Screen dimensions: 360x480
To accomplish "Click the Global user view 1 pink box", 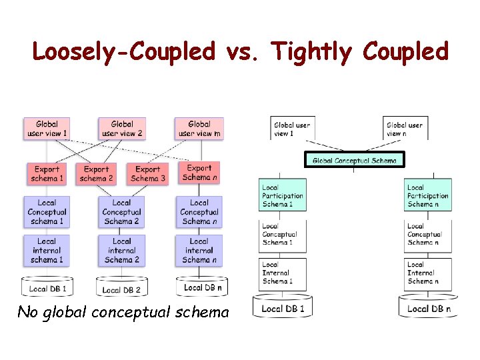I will tap(47, 129).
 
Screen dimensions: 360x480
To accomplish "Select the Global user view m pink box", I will tap(199, 129).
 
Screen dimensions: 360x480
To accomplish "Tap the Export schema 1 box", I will tap(47, 173).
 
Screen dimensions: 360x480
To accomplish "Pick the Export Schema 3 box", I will tap(148, 173).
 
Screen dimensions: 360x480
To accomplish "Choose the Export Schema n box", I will tap(199, 173).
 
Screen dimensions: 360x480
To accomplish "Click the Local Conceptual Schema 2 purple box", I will tap(121, 212).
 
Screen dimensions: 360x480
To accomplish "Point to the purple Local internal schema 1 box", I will tap(47, 250).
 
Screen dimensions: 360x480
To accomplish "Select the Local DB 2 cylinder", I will tap(121, 287).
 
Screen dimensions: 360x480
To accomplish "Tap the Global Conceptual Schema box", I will tap(355, 160).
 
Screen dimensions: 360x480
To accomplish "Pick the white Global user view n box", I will tap(405, 129).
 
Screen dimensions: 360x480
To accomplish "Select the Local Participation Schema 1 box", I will tap(283, 196).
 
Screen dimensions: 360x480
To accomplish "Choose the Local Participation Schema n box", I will tap(427, 196).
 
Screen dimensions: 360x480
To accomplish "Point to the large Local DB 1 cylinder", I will tap(283, 307).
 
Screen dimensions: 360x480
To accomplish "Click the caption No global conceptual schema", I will tap(123, 311).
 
